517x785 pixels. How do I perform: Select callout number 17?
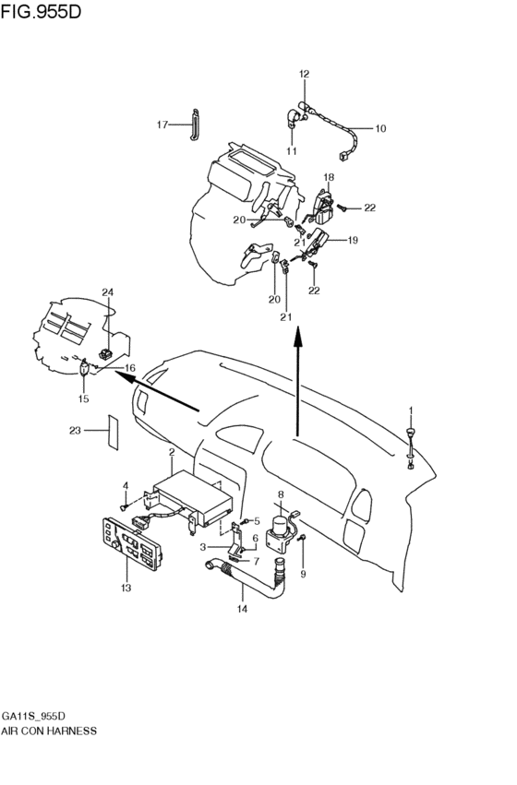(162, 125)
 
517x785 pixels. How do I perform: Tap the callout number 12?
(304, 73)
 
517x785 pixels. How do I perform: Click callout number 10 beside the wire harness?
(379, 128)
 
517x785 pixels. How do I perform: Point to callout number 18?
(328, 176)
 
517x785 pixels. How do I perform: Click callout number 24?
(107, 292)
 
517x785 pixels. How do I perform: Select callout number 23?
(76, 430)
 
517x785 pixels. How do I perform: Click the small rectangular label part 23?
(113, 431)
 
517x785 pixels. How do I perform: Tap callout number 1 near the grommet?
(411, 410)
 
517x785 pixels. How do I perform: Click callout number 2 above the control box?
(172, 452)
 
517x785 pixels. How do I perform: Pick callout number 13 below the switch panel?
(126, 588)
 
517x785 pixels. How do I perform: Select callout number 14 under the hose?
(242, 609)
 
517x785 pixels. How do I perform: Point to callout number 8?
(280, 495)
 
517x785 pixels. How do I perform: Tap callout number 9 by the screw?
(302, 574)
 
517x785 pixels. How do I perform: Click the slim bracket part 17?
(195, 125)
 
